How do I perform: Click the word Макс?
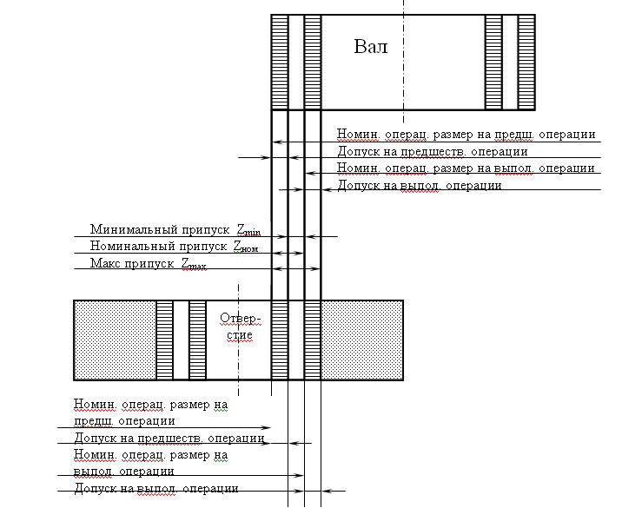click(x=106, y=263)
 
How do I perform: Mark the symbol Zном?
click(x=245, y=247)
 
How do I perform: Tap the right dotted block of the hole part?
click(x=362, y=340)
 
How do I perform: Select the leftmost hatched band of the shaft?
click(x=279, y=62)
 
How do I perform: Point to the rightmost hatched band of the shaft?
click(x=526, y=62)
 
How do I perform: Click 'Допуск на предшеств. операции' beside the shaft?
click(x=419, y=152)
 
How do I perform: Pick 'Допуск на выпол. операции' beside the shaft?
click(x=419, y=185)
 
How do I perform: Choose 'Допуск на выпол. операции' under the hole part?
click(x=156, y=489)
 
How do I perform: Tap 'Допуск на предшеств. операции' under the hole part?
click(x=169, y=438)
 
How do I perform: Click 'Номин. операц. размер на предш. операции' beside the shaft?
click(x=466, y=135)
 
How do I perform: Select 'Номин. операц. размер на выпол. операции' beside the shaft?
click(x=466, y=168)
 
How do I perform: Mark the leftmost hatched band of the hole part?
click(x=165, y=340)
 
